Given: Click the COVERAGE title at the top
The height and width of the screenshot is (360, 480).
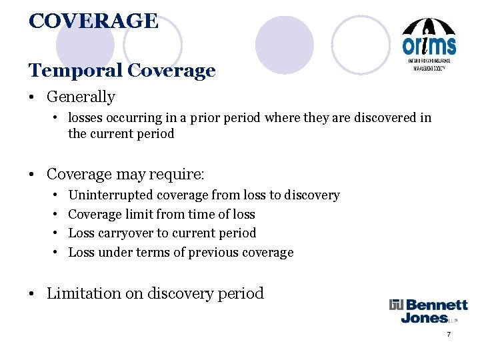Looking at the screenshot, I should (x=93, y=21).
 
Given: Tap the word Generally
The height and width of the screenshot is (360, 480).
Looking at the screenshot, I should (x=81, y=97).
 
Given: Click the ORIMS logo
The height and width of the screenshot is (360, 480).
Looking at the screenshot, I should (x=429, y=45).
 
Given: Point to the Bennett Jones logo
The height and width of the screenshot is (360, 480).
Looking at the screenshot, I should (x=429, y=311).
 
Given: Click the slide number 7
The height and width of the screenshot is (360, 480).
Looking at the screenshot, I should (x=449, y=334).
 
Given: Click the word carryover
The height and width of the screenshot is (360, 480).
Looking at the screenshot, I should (x=127, y=233).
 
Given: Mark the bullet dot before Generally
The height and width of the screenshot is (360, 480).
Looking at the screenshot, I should (x=33, y=97).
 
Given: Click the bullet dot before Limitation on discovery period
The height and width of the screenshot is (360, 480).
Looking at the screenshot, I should (x=33, y=293).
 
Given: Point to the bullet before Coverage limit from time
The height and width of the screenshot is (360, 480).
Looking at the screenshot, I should (x=55, y=215).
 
